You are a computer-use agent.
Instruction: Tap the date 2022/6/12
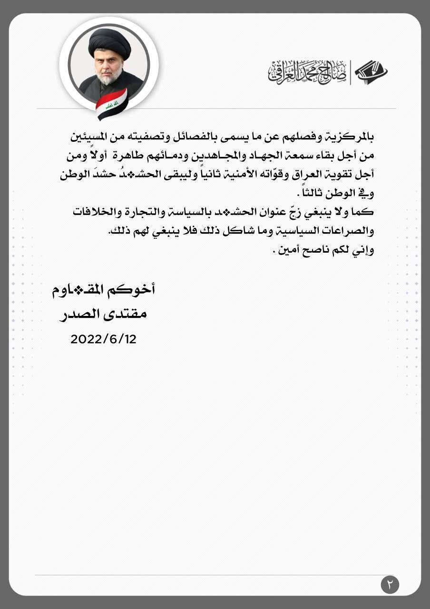103,339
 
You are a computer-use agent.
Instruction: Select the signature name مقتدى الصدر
103,314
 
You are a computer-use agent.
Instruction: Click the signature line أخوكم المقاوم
103,290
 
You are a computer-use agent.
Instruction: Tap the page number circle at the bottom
390,584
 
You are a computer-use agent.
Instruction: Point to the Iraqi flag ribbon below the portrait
111,104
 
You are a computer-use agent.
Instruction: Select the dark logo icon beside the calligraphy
371,72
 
